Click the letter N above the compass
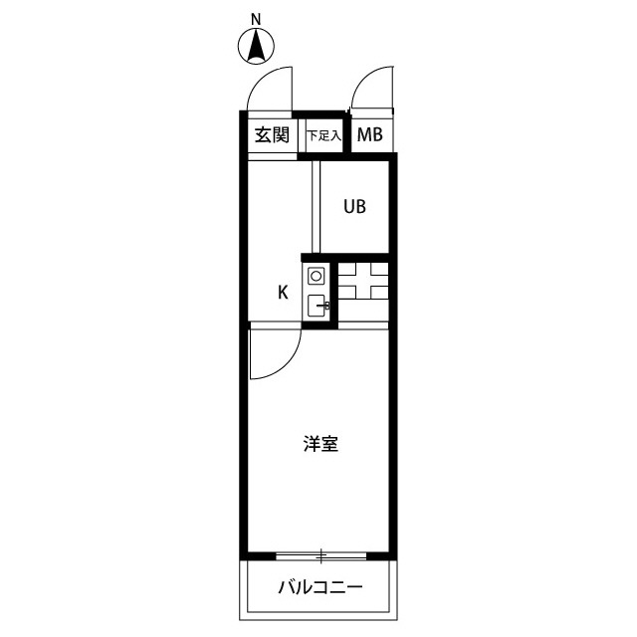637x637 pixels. pyautogui.click(x=256, y=19)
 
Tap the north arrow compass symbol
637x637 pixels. pyautogui.click(x=256, y=47)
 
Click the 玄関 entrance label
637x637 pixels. pyautogui.click(x=272, y=135)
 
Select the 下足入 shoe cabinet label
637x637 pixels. pyautogui.click(x=323, y=135)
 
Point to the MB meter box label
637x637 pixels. pyautogui.click(x=369, y=135)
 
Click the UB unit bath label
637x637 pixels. pyautogui.click(x=354, y=207)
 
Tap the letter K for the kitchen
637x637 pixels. pyautogui.click(x=283, y=292)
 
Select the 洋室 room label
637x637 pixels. pyautogui.click(x=320, y=444)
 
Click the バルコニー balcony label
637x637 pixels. pyautogui.click(x=320, y=587)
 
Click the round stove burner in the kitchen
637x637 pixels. pyautogui.click(x=316, y=277)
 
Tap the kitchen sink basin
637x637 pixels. pyautogui.click(x=316, y=306)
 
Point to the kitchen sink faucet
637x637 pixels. pyautogui.click(x=325, y=306)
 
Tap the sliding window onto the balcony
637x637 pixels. pyautogui.click(x=320, y=555)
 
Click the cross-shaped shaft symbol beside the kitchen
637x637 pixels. pyautogui.click(x=363, y=282)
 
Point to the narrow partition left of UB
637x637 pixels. pyautogui.click(x=317, y=207)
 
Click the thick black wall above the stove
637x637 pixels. pyautogui.click(x=345, y=258)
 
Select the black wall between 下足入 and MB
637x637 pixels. pyautogui.click(x=346, y=132)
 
